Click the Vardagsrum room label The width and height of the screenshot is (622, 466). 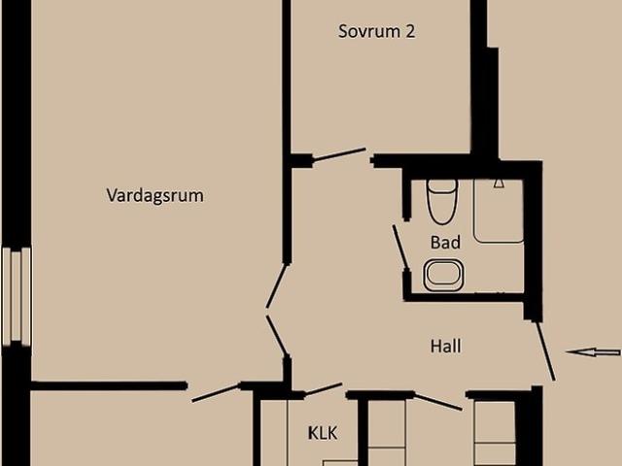tap(155, 196)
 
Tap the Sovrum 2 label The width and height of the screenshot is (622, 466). tap(376, 31)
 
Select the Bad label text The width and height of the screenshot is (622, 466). tap(445, 242)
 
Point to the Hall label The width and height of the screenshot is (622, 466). tap(446, 347)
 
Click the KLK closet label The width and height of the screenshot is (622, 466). tap(323, 433)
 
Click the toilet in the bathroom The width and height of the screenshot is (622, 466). tap(442, 202)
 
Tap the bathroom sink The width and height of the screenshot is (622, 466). tap(443, 275)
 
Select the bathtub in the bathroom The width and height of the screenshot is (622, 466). tap(499, 211)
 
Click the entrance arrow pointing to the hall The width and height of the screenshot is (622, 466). tap(593, 351)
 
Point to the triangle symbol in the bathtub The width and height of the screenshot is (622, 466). tap(499, 183)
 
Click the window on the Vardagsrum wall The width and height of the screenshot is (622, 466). tap(17, 296)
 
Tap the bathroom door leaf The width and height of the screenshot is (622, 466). tap(400, 248)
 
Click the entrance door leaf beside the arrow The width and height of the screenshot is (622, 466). tap(546, 351)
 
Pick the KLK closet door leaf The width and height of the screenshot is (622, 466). tap(324, 388)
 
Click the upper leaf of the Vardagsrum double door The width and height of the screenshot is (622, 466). tap(276, 286)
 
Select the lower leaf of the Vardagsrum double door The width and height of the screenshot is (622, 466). tap(276, 335)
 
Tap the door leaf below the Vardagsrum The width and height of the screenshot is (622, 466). tap(216, 393)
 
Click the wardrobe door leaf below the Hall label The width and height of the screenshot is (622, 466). tap(438, 402)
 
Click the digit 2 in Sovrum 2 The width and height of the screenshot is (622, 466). tap(410, 32)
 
